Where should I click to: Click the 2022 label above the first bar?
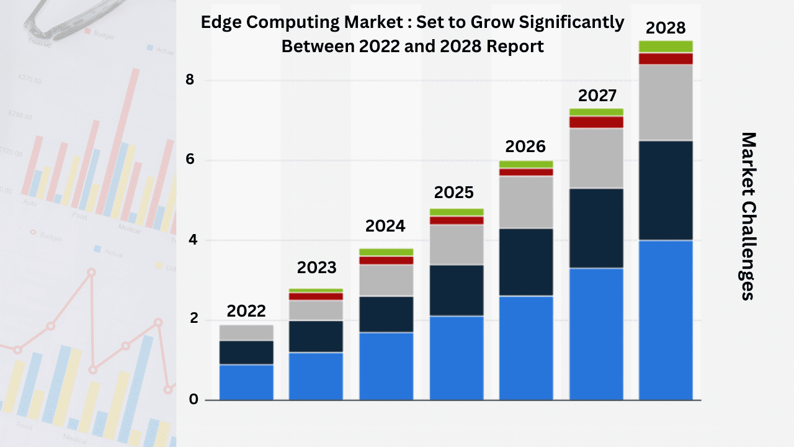[x=246, y=310]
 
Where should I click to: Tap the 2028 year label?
[x=666, y=28]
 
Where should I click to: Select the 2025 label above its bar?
[x=454, y=192]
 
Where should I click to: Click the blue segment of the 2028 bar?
[x=666, y=320]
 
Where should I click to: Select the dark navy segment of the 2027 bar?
[x=596, y=228]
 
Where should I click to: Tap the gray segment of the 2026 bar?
[x=526, y=202]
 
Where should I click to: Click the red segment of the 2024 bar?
[x=386, y=261]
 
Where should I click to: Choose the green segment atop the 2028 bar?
[x=666, y=47]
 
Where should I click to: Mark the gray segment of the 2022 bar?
[x=246, y=333]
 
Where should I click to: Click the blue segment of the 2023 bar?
[x=316, y=376]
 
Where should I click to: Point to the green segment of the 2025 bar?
[x=456, y=212]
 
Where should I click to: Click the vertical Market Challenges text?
[x=749, y=216]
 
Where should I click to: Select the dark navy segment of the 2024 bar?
[x=386, y=314]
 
